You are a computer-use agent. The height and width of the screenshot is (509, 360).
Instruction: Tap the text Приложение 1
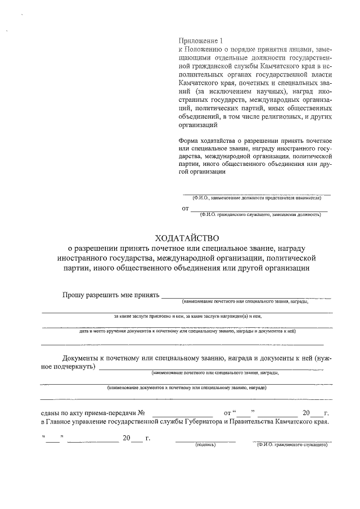(200, 41)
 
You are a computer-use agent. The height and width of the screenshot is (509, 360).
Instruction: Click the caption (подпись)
(205, 444)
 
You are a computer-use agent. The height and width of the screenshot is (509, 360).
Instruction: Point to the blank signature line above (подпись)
(205, 440)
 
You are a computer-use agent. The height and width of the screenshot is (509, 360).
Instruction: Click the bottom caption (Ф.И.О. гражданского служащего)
(291, 444)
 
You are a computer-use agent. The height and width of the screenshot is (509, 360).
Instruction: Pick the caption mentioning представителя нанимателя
(256, 199)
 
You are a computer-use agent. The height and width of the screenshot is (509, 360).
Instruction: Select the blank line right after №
(182, 414)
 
